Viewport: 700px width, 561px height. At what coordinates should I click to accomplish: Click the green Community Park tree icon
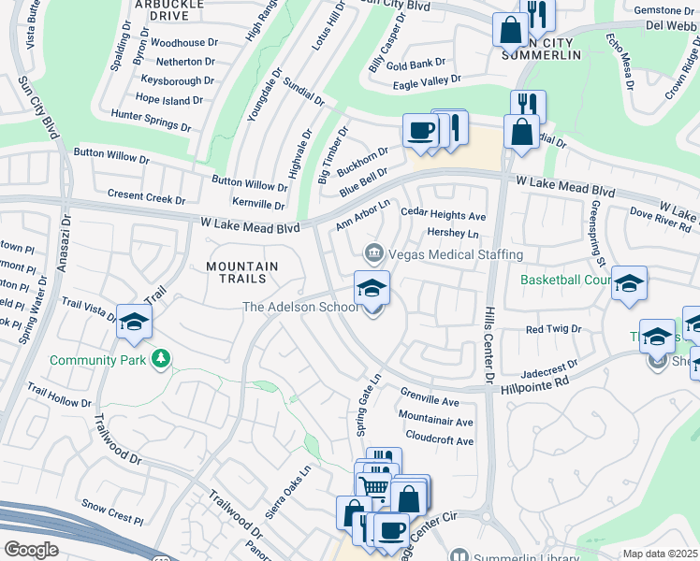(x=162, y=359)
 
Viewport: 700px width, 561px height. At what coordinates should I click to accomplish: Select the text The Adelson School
(x=300, y=307)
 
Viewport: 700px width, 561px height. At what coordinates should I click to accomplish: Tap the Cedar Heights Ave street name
(x=444, y=214)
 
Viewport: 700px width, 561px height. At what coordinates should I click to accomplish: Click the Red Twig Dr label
(x=553, y=329)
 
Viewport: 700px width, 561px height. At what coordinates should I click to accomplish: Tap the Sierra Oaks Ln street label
(x=287, y=484)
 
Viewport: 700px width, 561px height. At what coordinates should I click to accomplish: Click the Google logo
(x=31, y=549)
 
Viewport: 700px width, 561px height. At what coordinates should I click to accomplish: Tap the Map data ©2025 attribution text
(x=660, y=554)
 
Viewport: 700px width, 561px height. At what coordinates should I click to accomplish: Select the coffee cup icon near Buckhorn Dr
(x=420, y=130)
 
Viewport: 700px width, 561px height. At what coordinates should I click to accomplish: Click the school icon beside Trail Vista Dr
(x=134, y=322)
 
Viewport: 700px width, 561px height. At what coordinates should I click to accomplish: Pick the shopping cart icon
(x=374, y=486)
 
